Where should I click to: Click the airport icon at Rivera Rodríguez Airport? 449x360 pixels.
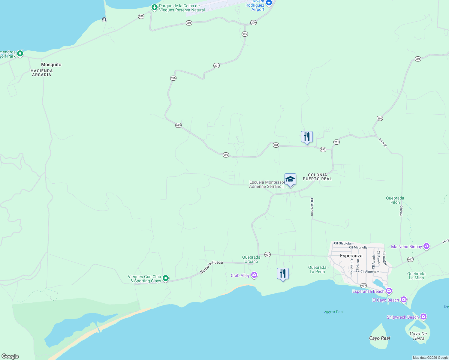(269, 3)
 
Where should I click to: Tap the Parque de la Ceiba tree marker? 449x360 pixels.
(154, 7)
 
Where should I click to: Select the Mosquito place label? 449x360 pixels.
(51, 64)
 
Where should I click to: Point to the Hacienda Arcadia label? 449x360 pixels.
(42, 73)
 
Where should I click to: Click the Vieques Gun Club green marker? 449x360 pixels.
(165, 279)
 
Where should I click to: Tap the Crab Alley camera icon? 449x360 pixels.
(254, 275)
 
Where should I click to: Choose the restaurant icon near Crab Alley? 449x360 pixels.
(283, 274)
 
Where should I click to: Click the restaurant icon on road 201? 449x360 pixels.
(307, 137)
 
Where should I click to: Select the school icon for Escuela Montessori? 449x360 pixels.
(290, 179)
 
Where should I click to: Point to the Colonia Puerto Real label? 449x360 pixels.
(317, 177)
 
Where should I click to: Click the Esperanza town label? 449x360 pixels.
(351, 256)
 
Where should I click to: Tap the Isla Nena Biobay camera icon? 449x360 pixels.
(426, 247)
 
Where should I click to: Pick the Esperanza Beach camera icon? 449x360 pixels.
(389, 291)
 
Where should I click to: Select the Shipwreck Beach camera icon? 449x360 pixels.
(423, 317)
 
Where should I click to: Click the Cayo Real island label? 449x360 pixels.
(379, 338)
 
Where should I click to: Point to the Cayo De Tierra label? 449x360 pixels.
(418, 336)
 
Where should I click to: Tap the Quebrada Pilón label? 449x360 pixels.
(395, 200)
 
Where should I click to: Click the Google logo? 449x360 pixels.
(10, 356)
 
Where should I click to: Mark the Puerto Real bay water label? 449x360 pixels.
(333, 312)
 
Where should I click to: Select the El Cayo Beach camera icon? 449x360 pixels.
(404, 300)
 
